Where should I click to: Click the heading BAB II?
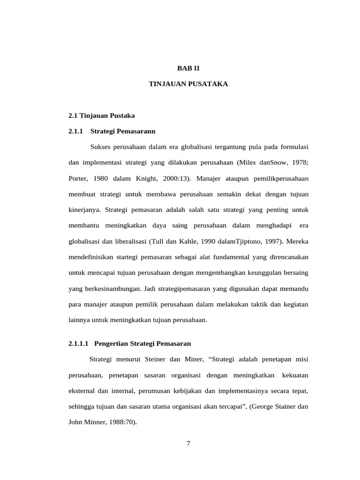[188, 68]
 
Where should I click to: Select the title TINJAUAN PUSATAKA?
[188, 84]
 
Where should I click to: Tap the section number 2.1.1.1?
[79, 344]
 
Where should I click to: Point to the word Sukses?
[100, 147]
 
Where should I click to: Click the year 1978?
[298, 163]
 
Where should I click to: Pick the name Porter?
[78, 179]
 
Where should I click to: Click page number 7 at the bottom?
[188, 445]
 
